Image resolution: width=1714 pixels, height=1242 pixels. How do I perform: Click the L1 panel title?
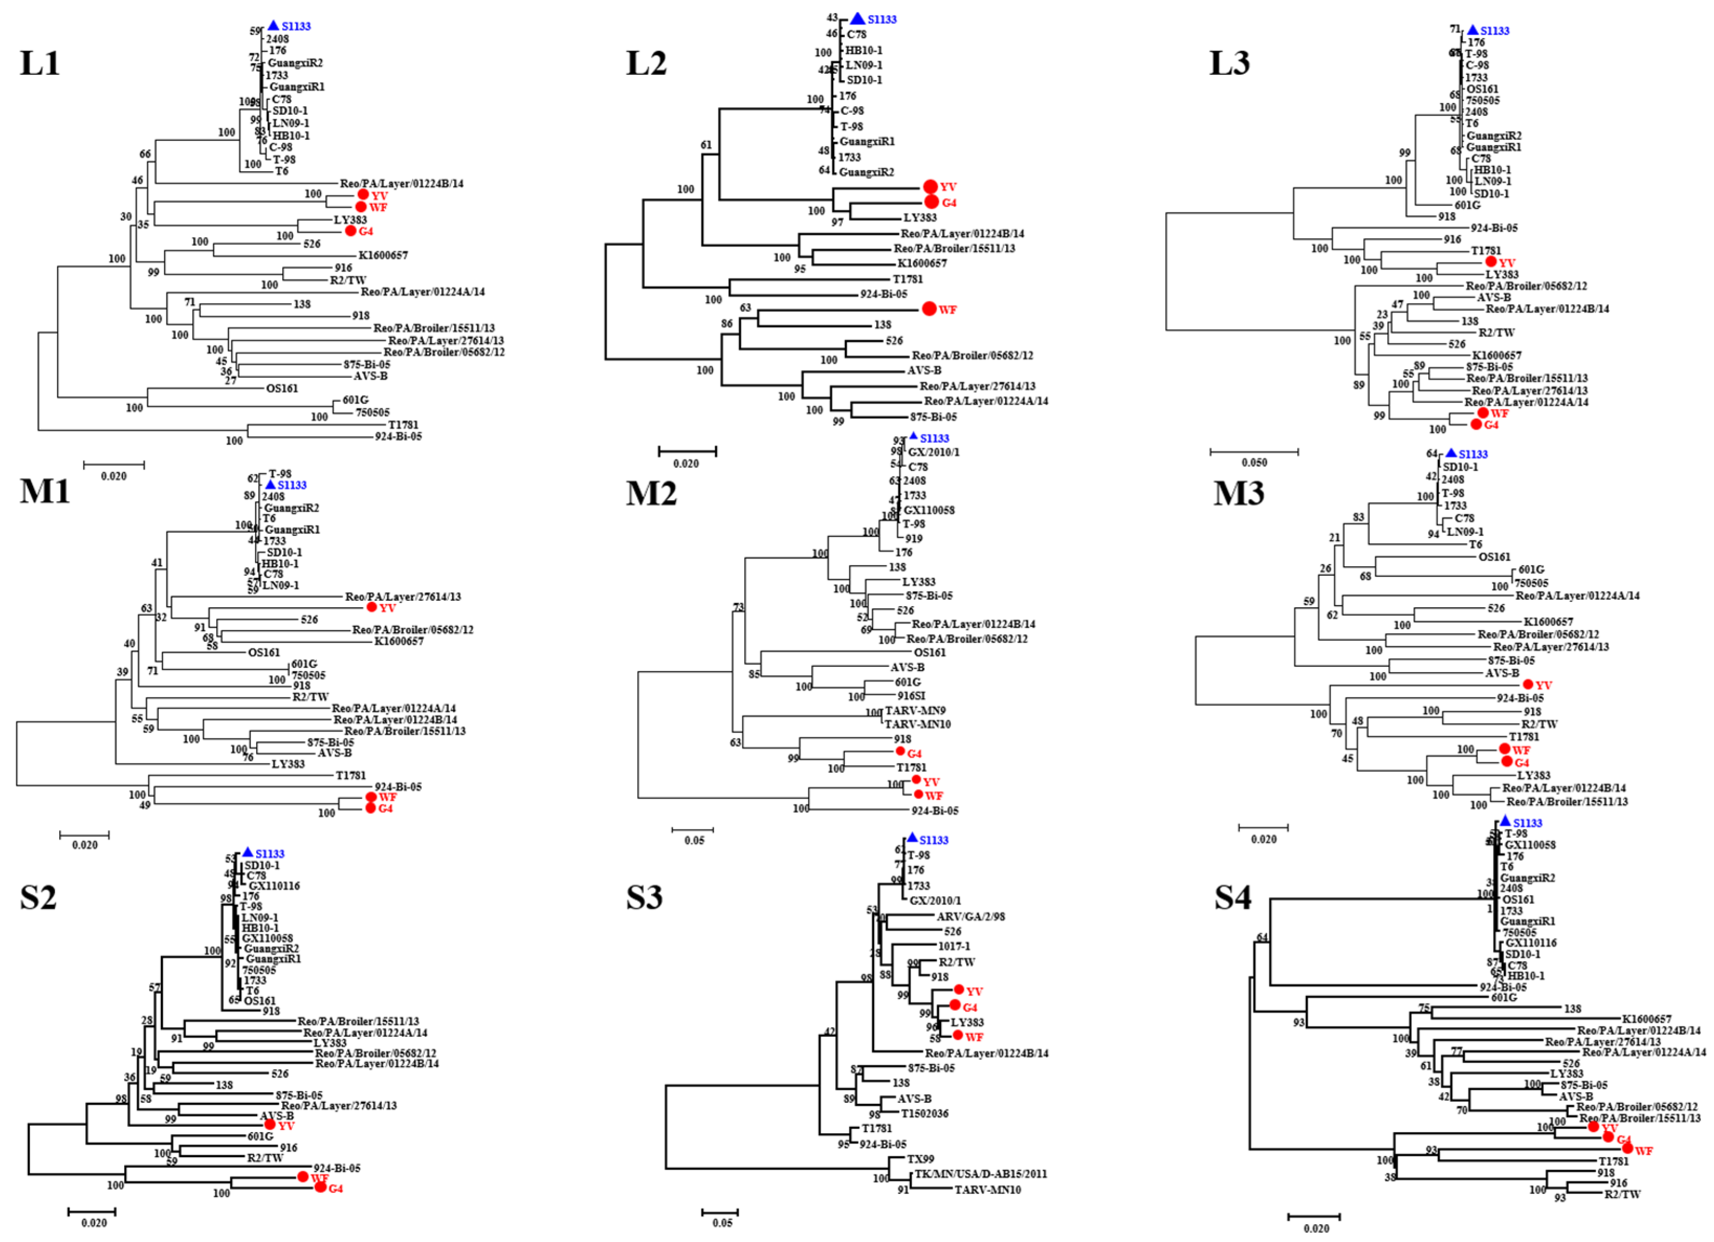(x=39, y=63)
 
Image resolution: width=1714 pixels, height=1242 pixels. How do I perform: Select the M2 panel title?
(x=651, y=494)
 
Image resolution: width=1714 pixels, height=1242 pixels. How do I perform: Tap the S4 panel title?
(x=1233, y=898)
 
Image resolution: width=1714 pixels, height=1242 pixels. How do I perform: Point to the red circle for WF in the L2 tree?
(x=929, y=309)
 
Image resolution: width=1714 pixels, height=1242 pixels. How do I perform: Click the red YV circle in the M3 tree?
(x=1528, y=685)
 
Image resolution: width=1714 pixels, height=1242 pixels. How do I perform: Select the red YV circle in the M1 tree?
(x=371, y=608)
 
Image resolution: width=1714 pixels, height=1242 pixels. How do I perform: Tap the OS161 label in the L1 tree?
(x=282, y=388)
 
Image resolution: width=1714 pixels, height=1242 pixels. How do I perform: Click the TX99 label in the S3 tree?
(x=921, y=1159)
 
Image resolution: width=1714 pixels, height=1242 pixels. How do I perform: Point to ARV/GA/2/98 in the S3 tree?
(x=970, y=916)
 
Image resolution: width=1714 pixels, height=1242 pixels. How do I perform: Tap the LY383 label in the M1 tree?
(x=288, y=764)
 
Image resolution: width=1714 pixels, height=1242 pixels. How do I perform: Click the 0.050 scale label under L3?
(x=1255, y=462)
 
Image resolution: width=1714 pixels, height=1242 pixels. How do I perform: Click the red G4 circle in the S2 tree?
(x=320, y=1188)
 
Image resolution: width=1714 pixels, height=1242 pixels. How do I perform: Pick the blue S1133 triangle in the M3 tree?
(x=1450, y=453)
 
